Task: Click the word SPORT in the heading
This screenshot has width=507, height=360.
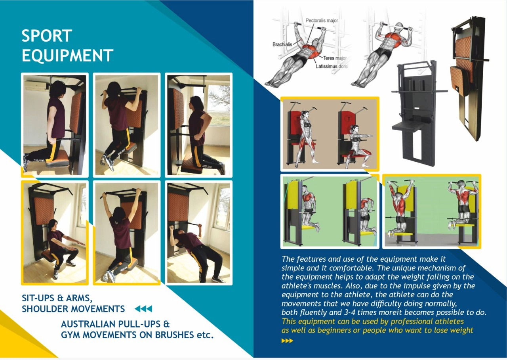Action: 47,36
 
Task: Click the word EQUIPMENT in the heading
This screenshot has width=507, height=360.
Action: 67,55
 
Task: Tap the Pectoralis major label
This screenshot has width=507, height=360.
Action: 322,21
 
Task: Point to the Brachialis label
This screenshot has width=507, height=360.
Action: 282,44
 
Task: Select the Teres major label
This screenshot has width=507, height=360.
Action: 335,58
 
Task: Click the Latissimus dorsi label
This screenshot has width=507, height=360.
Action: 332,67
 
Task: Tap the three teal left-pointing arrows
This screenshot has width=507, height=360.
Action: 143,309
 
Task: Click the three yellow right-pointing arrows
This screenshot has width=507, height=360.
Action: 287,341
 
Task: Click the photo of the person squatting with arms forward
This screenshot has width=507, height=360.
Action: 55,233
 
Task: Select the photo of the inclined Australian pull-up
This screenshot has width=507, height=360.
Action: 198,233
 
